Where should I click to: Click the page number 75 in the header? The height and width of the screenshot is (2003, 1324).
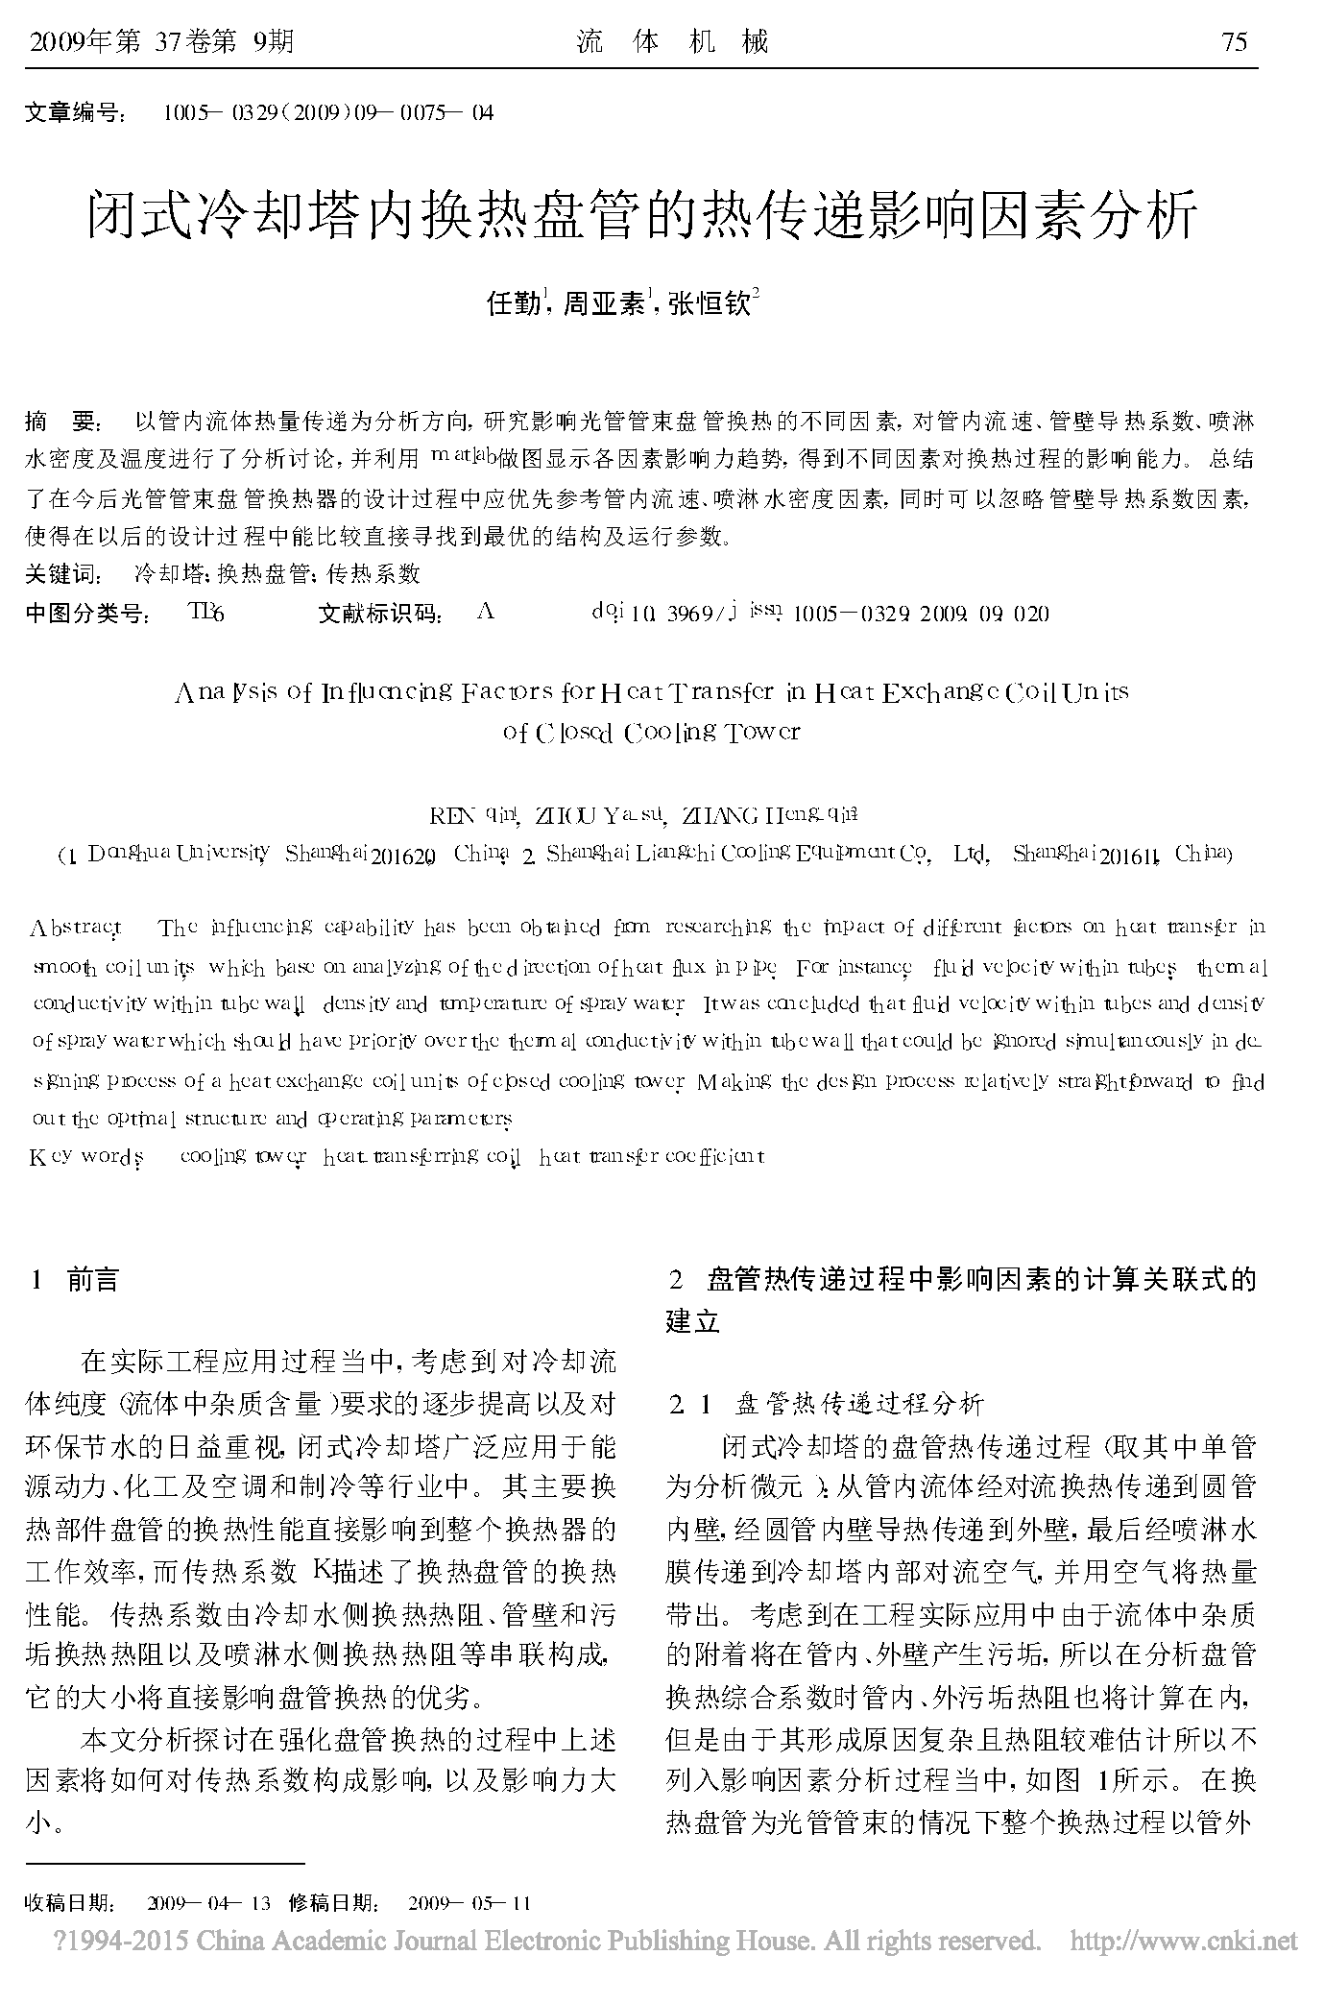pyautogui.click(x=1233, y=42)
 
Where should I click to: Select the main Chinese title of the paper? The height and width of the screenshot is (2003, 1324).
pyautogui.click(x=643, y=214)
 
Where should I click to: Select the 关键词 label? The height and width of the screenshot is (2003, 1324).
pyautogui.click(x=61, y=574)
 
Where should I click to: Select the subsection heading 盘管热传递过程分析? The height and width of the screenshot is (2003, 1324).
pyautogui.click(x=859, y=1405)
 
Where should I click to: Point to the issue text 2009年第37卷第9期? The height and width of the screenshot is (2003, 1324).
pyautogui.click(x=162, y=42)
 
